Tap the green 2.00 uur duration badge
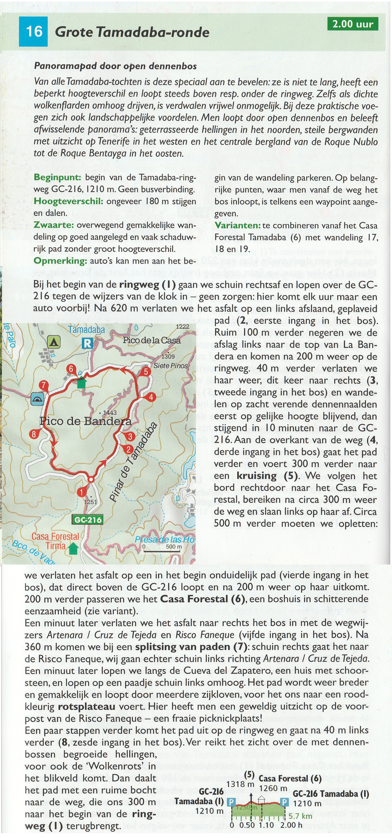(353, 24)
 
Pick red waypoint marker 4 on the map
(151, 397)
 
